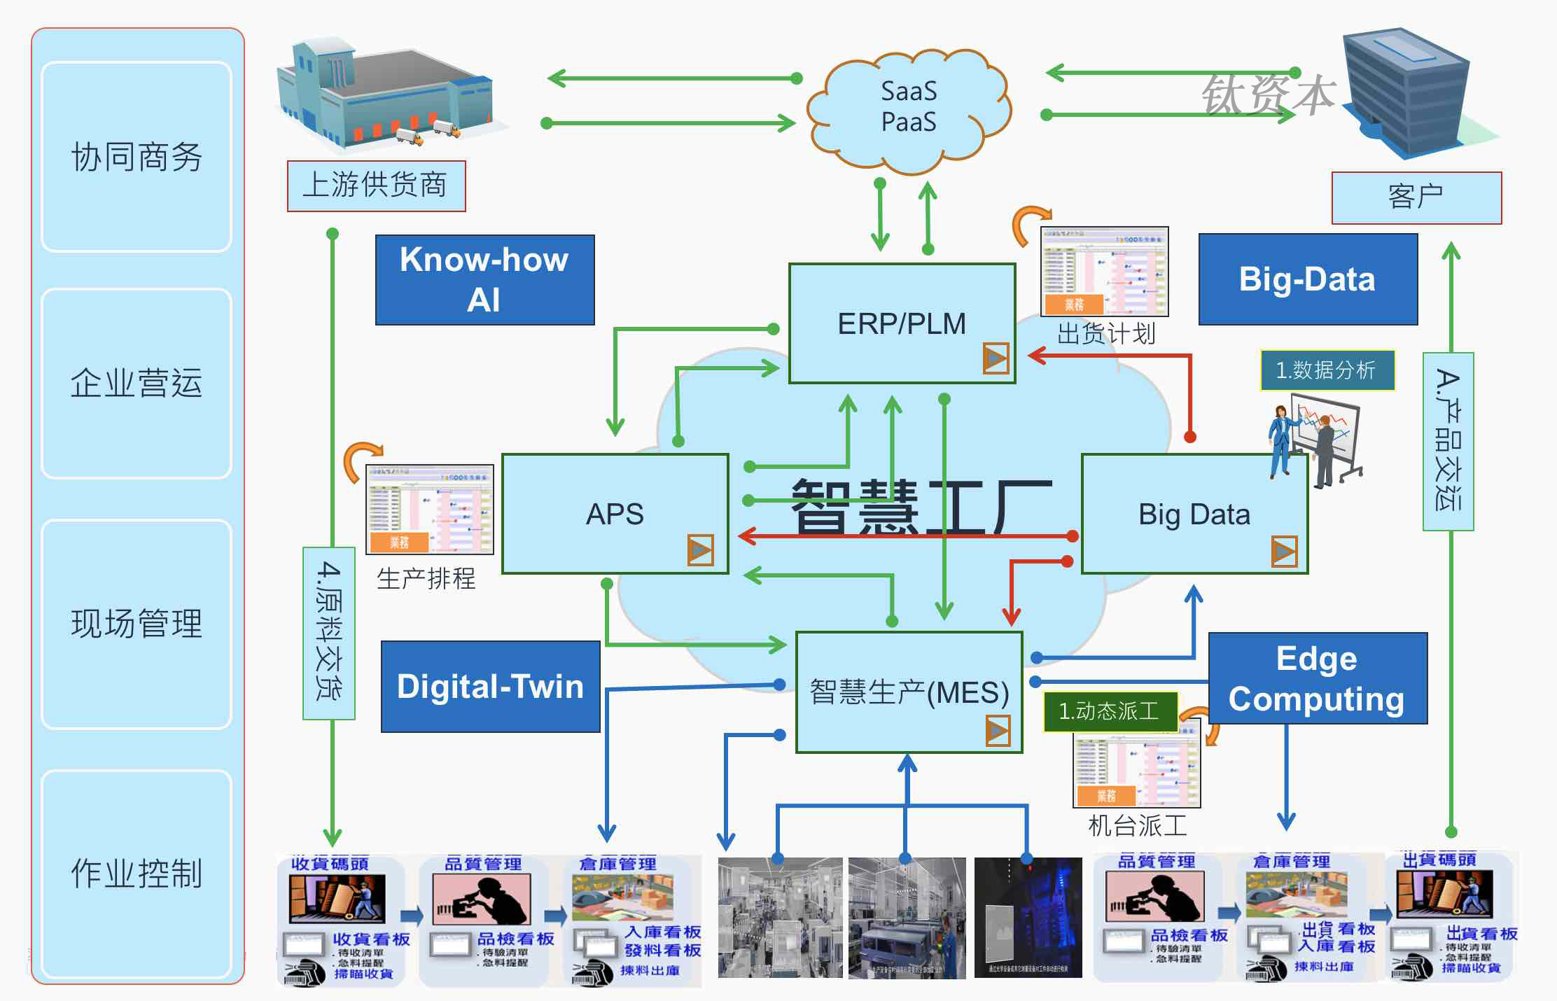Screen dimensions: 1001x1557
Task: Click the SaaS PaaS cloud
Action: tap(909, 108)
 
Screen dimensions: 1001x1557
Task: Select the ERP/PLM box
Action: tap(902, 323)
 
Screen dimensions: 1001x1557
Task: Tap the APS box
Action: tap(615, 514)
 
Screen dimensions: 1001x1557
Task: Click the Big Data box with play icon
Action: tap(1194, 514)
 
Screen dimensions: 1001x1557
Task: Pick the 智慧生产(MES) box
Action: tap(909, 692)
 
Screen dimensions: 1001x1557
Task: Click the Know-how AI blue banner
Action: tap(484, 280)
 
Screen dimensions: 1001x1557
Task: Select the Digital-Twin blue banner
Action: tap(490, 686)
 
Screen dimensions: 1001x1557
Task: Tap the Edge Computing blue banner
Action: tap(1317, 678)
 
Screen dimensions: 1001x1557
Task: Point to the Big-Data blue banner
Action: tap(1308, 279)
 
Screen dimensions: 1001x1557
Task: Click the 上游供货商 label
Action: tap(376, 185)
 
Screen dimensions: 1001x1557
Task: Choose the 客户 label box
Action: tap(1416, 197)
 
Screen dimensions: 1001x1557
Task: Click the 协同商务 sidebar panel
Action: tap(137, 156)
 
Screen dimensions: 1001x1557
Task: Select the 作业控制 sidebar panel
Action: tap(137, 873)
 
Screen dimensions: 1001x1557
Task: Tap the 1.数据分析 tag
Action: tap(1327, 370)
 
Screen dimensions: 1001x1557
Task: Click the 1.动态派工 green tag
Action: tap(1109, 711)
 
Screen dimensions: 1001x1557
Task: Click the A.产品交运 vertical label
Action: tap(1448, 441)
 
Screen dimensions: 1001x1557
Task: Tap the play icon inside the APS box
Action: tap(700, 550)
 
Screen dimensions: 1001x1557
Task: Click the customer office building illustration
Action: tap(1407, 91)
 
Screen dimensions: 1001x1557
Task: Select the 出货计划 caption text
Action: tap(1105, 334)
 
